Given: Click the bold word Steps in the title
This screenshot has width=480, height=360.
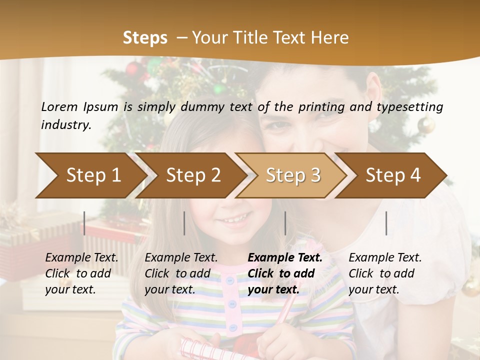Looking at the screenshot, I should pyautogui.click(x=145, y=38).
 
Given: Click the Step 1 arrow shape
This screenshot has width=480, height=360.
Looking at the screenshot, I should pyautogui.click(x=90, y=175).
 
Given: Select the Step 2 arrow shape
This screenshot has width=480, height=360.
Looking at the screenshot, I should pyautogui.click(x=192, y=175).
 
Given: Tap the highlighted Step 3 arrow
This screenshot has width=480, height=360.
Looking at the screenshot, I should pyautogui.click(x=293, y=175).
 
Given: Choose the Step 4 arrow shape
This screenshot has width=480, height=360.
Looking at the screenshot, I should pyautogui.click(x=393, y=175).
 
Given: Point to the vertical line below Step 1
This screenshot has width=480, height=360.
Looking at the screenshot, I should pyautogui.click(x=84, y=223).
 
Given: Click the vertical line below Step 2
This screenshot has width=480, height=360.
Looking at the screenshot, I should pyautogui.click(x=184, y=223).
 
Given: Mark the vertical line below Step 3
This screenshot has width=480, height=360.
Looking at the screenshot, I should pyautogui.click(x=285, y=223).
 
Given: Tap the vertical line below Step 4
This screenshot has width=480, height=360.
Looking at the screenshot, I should pyautogui.click(x=386, y=223).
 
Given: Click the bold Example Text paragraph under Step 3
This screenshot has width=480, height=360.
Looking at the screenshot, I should pyautogui.click(x=285, y=273).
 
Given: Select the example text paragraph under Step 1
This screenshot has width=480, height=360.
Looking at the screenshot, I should pyautogui.click(x=81, y=273).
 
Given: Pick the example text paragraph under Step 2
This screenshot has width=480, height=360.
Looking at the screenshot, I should pyautogui.click(x=181, y=273).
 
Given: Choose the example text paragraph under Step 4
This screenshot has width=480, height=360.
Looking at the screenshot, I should pyautogui.click(x=385, y=273).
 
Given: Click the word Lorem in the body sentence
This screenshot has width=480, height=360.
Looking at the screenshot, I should pyautogui.click(x=59, y=106).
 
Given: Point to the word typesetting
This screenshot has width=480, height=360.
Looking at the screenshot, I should pyautogui.click(x=413, y=106).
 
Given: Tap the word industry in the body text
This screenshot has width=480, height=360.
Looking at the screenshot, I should pyautogui.click(x=65, y=125).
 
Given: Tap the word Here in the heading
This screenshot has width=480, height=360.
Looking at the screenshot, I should pyautogui.click(x=331, y=38).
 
